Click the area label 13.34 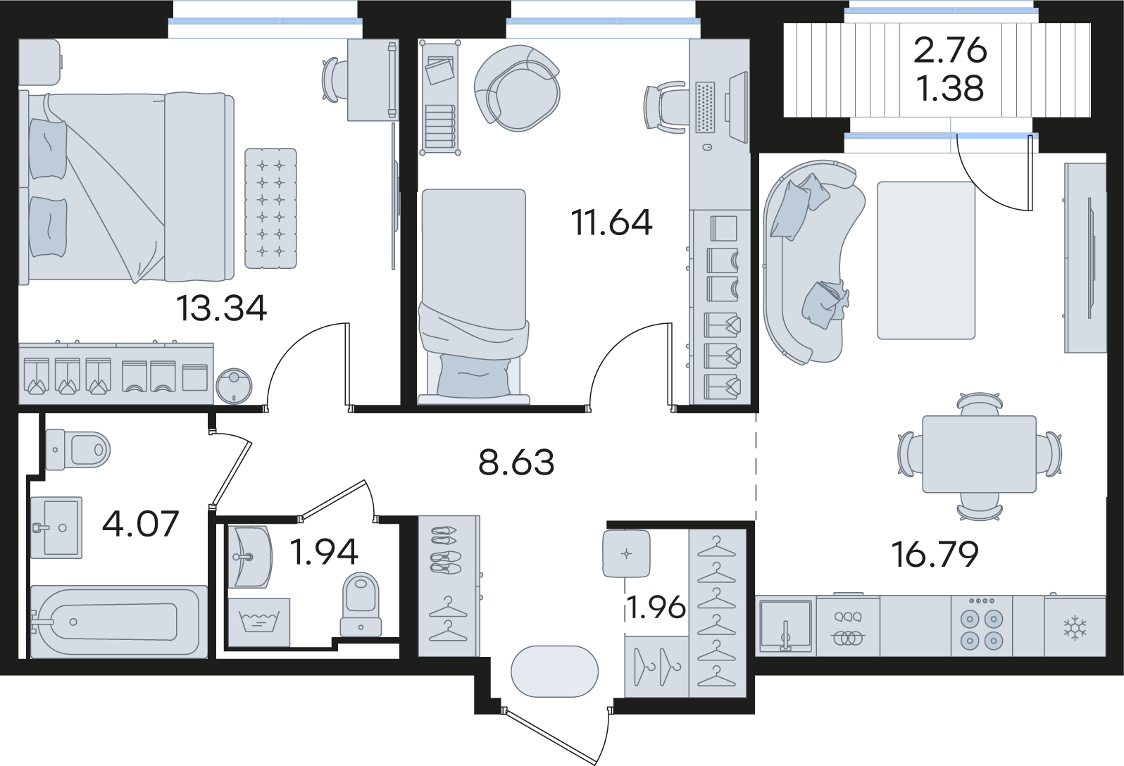[221, 308]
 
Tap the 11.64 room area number [612, 222]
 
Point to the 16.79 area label [935, 554]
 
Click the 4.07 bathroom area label [141, 523]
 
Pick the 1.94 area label [324, 552]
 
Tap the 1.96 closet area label [656, 608]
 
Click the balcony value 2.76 [950, 51]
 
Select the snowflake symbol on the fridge [1075, 629]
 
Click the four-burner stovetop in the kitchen [982, 626]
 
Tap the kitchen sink [786, 626]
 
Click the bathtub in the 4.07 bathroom [119, 622]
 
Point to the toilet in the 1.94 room [361, 605]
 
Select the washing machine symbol [259, 622]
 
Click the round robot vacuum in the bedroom [235, 386]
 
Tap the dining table [980, 454]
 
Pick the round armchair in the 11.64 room [517, 88]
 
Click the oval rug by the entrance [554, 671]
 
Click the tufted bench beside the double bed [271, 208]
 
